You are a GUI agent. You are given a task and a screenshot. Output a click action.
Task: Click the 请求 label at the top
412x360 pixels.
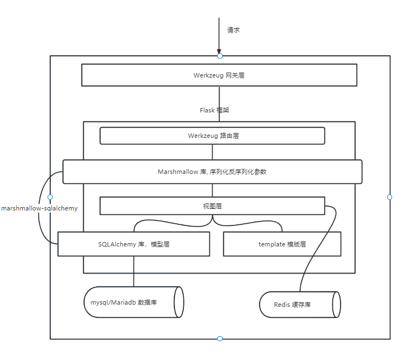coord(233,30)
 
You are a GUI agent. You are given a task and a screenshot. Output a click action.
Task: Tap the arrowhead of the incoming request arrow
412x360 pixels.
coord(219,52)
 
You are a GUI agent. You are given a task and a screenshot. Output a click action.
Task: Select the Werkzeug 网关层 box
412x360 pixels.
coord(219,75)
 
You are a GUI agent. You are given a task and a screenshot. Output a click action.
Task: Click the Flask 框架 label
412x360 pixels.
coord(214,110)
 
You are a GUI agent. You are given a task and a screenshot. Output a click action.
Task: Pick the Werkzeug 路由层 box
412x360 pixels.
coord(212,136)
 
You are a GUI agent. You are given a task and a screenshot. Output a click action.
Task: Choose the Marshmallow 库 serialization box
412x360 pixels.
coord(212,172)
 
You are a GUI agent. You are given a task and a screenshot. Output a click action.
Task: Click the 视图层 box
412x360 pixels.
coord(212,206)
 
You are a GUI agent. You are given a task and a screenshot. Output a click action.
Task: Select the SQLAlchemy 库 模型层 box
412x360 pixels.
coord(133,244)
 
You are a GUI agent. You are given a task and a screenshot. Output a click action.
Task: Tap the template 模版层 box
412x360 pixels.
coord(282,244)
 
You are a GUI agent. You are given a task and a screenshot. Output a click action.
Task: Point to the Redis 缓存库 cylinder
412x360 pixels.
coord(299,305)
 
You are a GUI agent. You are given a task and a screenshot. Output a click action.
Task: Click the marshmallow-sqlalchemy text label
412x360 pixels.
coord(39,208)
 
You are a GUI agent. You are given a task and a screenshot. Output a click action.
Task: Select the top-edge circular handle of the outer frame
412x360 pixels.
coord(220,56)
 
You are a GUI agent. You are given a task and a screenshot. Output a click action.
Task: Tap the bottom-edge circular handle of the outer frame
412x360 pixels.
coord(220,338)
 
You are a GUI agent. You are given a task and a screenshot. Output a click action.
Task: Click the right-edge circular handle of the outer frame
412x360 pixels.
coord(389,197)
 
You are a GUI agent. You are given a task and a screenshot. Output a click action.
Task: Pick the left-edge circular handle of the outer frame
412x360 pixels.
coord(50,197)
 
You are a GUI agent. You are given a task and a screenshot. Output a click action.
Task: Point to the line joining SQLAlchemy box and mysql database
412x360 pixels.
coord(133,271)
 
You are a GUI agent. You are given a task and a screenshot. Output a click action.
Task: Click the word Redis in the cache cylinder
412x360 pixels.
coord(282,305)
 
